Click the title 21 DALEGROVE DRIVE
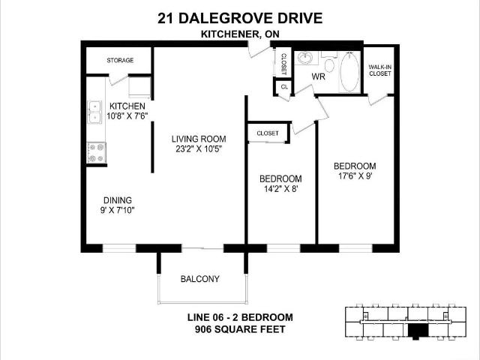(240, 17)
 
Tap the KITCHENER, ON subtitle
(240, 33)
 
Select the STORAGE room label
(120, 60)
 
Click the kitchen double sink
(94, 112)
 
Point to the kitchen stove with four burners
(96, 152)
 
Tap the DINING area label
(118, 200)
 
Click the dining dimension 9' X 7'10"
(118, 210)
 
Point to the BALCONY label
(200, 279)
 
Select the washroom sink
(306, 58)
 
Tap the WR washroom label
(318, 76)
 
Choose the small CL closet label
(283, 87)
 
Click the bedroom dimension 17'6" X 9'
(355, 177)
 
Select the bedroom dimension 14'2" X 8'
(280, 190)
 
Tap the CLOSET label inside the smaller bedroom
(268, 133)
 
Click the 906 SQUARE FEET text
(240, 328)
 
